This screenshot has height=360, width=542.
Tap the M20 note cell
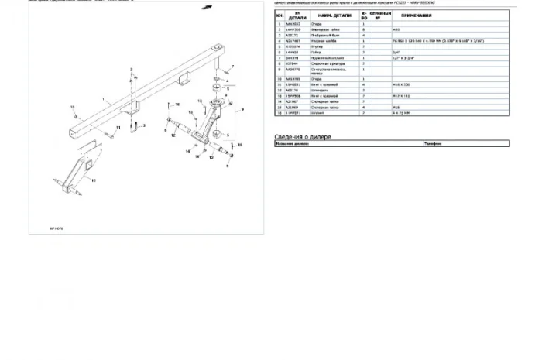point(397,29)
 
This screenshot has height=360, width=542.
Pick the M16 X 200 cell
point(402,84)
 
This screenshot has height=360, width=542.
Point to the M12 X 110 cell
point(401,94)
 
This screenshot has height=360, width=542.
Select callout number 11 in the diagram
point(118,126)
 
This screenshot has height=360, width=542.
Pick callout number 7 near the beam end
point(231,68)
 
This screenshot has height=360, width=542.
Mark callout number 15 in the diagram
point(177,104)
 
